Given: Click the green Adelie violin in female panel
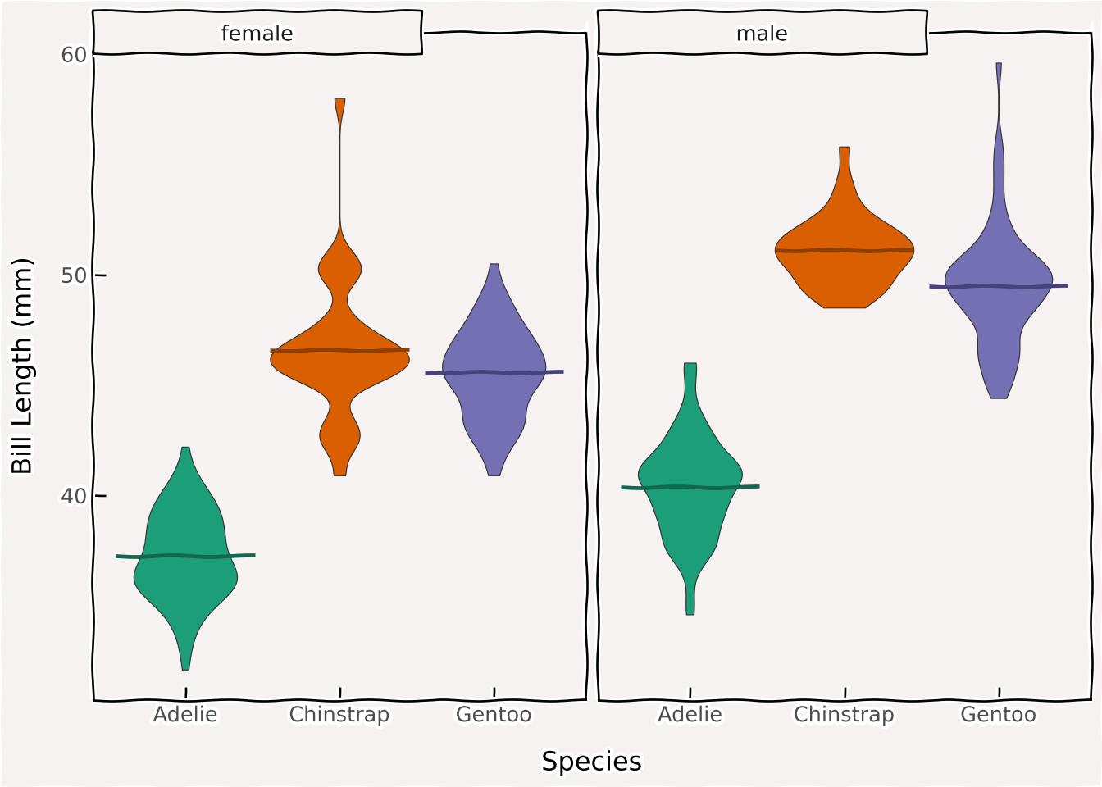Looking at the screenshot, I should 186,574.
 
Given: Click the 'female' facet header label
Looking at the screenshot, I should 257,34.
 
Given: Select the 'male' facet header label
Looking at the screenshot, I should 762,34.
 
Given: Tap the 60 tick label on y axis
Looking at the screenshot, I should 74,55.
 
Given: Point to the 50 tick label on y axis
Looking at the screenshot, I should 74,275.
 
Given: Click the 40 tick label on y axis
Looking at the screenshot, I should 74,496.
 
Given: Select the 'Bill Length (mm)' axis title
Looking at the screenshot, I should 22,366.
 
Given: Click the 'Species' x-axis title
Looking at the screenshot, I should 591,762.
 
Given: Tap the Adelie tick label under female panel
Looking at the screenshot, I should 185,715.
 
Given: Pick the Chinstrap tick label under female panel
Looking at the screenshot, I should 339,715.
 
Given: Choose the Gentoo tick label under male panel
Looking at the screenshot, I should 998,715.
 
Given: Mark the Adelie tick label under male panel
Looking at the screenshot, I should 690,715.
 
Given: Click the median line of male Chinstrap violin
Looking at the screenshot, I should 845,250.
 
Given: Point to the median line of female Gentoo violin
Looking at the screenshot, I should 494,372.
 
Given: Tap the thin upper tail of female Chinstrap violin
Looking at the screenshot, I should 339,164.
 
